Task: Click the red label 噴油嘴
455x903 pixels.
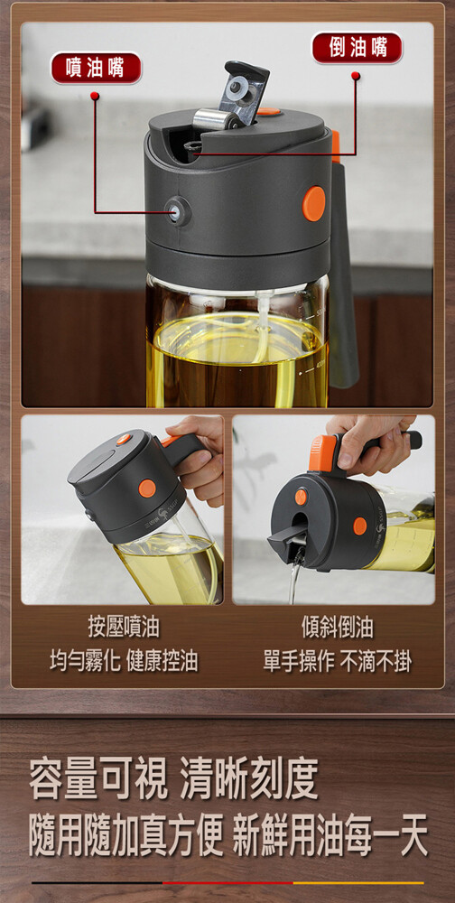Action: point(96,68)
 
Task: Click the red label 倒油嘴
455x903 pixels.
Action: point(357,48)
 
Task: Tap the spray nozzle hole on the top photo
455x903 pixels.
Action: point(176,210)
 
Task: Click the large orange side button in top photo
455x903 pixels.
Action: point(314,203)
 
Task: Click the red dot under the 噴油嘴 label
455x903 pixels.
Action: point(95,95)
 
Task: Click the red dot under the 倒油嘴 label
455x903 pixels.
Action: point(356,76)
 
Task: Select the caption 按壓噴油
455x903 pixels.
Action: point(124,628)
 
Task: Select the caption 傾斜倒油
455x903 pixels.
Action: point(338,628)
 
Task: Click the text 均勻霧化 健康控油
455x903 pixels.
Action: point(124,662)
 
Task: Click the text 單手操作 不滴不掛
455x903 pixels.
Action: point(338,662)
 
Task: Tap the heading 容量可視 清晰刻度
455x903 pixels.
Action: point(173,779)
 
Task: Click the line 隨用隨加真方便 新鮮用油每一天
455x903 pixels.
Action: point(228,837)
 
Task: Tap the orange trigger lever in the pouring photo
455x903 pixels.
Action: point(323,452)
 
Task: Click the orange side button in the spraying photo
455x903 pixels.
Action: point(147,489)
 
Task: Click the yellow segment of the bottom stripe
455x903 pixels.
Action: point(358,883)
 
